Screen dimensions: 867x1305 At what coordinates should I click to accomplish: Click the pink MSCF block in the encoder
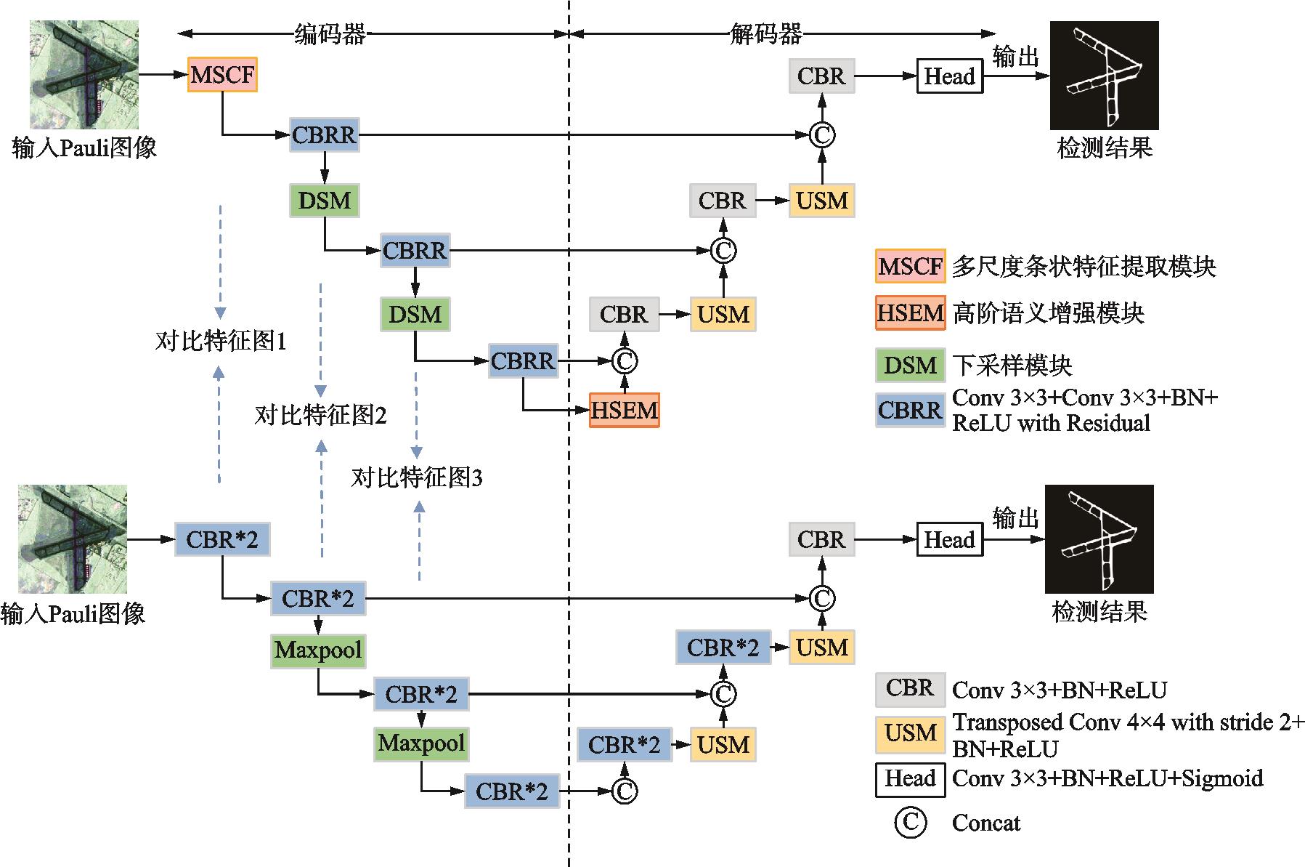pos(222,75)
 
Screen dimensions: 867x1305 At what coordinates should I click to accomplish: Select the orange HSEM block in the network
pos(624,411)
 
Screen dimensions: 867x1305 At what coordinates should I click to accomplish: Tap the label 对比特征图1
pos(221,341)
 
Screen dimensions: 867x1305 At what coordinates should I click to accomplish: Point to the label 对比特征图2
pos(320,415)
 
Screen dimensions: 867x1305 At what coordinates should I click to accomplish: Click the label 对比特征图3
pos(416,477)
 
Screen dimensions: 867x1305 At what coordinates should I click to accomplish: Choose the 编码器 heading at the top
pos(330,33)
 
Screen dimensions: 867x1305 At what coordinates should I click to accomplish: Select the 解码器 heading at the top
pos(765,33)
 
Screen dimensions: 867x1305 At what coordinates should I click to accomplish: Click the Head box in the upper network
pos(949,76)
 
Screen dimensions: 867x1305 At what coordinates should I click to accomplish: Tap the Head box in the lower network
pos(949,540)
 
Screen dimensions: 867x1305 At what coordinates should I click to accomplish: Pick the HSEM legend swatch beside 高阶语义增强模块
pos(910,313)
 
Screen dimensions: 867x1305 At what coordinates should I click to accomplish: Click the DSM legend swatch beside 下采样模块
pos(910,365)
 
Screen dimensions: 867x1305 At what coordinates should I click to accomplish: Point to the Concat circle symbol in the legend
pos(910,823)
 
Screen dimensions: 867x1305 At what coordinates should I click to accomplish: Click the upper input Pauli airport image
pos(84,75)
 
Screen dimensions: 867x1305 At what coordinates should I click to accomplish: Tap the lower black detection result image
pos(1099,539)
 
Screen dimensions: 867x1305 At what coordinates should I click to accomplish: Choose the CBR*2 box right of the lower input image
pos(222,540)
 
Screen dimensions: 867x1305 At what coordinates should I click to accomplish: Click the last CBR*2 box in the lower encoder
pos(512,791)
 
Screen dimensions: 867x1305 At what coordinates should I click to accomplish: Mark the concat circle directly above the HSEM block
pos(624,360)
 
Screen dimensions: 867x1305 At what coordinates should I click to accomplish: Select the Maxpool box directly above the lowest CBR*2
pos(421,743)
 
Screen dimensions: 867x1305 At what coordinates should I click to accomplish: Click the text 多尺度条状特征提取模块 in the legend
pos(1084,267)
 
